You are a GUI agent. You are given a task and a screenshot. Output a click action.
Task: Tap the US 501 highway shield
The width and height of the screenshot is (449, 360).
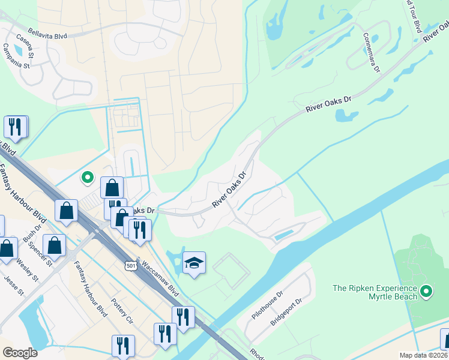click(131, 265)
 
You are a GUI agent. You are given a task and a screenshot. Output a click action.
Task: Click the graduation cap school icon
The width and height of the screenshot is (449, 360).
click(194, 263)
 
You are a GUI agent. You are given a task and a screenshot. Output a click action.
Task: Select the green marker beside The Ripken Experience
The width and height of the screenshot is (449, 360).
click(426, 292)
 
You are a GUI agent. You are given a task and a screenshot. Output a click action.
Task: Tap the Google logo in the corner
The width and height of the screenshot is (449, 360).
click(20, 353)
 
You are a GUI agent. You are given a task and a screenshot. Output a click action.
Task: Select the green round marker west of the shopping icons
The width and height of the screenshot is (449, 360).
click(87, 177)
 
